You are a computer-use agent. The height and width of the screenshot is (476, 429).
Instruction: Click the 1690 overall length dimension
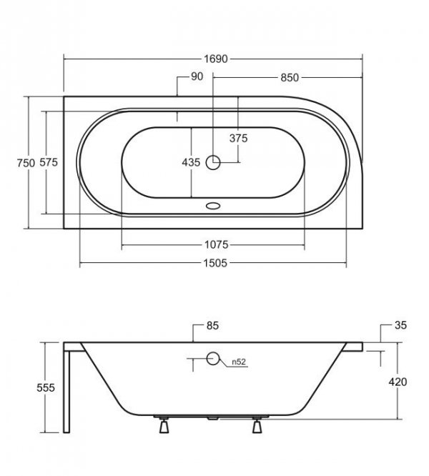(x=215, y=59)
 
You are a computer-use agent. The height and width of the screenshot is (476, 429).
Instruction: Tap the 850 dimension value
(x=290, y=78)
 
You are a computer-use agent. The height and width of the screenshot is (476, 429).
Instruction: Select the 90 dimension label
(x=197, y=76)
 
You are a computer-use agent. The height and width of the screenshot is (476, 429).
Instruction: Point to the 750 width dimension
(x=26, y=163)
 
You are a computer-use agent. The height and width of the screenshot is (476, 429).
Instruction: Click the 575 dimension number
(x=49, y=162)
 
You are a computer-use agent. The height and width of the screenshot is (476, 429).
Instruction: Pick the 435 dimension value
(x=191, y=162)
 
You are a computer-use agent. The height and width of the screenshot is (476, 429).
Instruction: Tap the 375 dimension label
(x=239, y=139)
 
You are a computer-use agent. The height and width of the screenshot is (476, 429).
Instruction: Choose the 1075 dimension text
(x=216, y=244)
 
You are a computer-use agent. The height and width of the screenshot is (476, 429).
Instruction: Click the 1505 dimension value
(x=215, y=263)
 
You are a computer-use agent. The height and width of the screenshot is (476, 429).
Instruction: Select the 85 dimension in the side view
(x=212, y=326)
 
